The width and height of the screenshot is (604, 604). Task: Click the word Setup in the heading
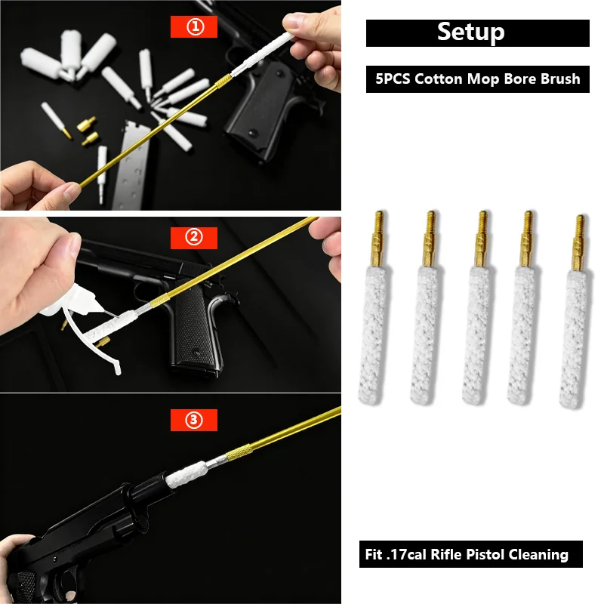470,32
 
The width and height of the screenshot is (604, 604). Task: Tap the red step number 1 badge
194,26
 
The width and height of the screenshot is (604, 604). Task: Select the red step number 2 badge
194,237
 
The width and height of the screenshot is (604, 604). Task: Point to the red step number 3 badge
194,420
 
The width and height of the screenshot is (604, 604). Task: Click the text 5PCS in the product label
393,79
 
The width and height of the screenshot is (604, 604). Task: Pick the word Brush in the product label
560,79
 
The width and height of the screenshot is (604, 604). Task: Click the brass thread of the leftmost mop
378,239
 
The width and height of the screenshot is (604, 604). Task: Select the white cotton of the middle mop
476,335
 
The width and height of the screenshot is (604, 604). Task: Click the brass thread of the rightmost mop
579,242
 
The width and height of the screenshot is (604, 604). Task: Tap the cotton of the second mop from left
424,335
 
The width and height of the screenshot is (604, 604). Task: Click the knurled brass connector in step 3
239,452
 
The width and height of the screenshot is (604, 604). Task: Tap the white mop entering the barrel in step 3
186,475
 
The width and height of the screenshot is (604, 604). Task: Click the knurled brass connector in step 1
223,82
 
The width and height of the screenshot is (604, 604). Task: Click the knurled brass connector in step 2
159,300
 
